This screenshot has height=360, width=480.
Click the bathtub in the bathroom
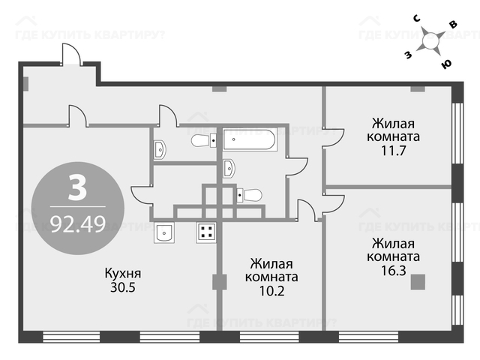click(250, 139)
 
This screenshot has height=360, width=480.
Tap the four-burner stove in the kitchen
click(206, 232)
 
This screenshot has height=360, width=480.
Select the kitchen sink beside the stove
click(164, 232)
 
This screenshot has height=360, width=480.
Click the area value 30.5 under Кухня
click(123, 287)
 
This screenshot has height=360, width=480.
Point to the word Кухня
click(123, 273)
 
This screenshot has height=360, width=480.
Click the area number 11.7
click(393, 150)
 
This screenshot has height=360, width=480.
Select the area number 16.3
click(393, 270)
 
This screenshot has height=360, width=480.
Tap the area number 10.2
click(271, 290)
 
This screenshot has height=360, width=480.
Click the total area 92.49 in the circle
click(78, 223)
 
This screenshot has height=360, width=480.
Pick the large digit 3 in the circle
click(78, 187)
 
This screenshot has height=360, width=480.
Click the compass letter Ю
click(446, 64)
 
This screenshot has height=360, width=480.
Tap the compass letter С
click(417, 19)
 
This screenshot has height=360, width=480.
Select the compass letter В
click(453, 25)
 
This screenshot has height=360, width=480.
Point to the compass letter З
click(408, 55)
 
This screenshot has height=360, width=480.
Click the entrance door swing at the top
click(72, 54)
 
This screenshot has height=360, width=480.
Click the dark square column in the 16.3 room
click(418, 282)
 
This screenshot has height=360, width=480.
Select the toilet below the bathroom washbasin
click(250, 195)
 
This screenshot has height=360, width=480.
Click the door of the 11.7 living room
click(333, 138)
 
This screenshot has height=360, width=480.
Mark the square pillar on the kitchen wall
click(220, 282)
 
